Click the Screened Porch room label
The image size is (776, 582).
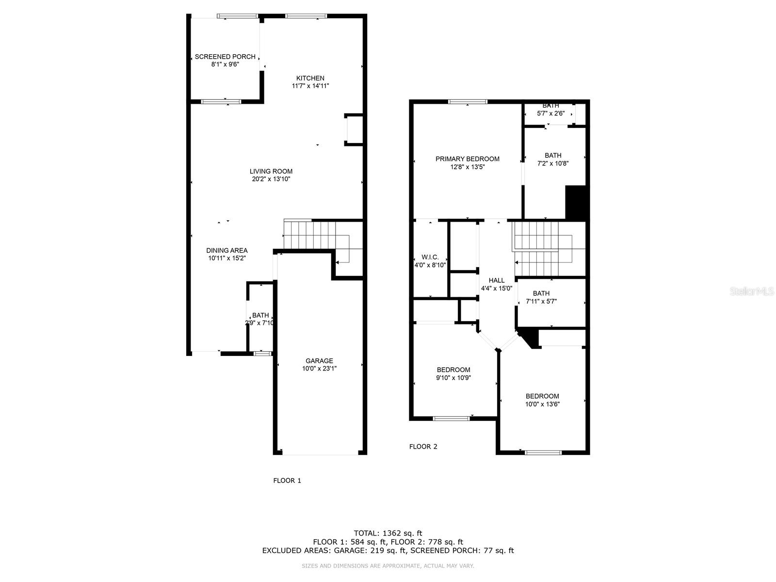pyautogui.click(x=225, y=57)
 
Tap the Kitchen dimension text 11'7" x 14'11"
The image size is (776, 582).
pyautogui.click(x=310, y=86)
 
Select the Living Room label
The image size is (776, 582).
pyautogui.click(x=271, y=171)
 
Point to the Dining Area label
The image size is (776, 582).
pyautogui.click(x=227, y=251)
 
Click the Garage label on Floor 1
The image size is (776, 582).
pyautogui.click(x=319, y=361)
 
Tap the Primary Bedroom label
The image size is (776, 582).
pyautogui.click(x=467, y=159)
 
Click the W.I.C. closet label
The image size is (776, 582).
pyautogui.click(x=430, y=257)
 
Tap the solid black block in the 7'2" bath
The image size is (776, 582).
pyautogui.click(x=577, y=203)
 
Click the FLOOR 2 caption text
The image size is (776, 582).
pyautogui.click(x=423, y=447)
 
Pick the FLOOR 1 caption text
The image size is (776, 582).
pyautogui.click(x=287, y=481)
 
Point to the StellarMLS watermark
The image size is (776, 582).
pyautogui.click(x=752, y=291)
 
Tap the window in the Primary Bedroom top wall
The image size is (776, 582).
pyautogui.click(x=468, y=102)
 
